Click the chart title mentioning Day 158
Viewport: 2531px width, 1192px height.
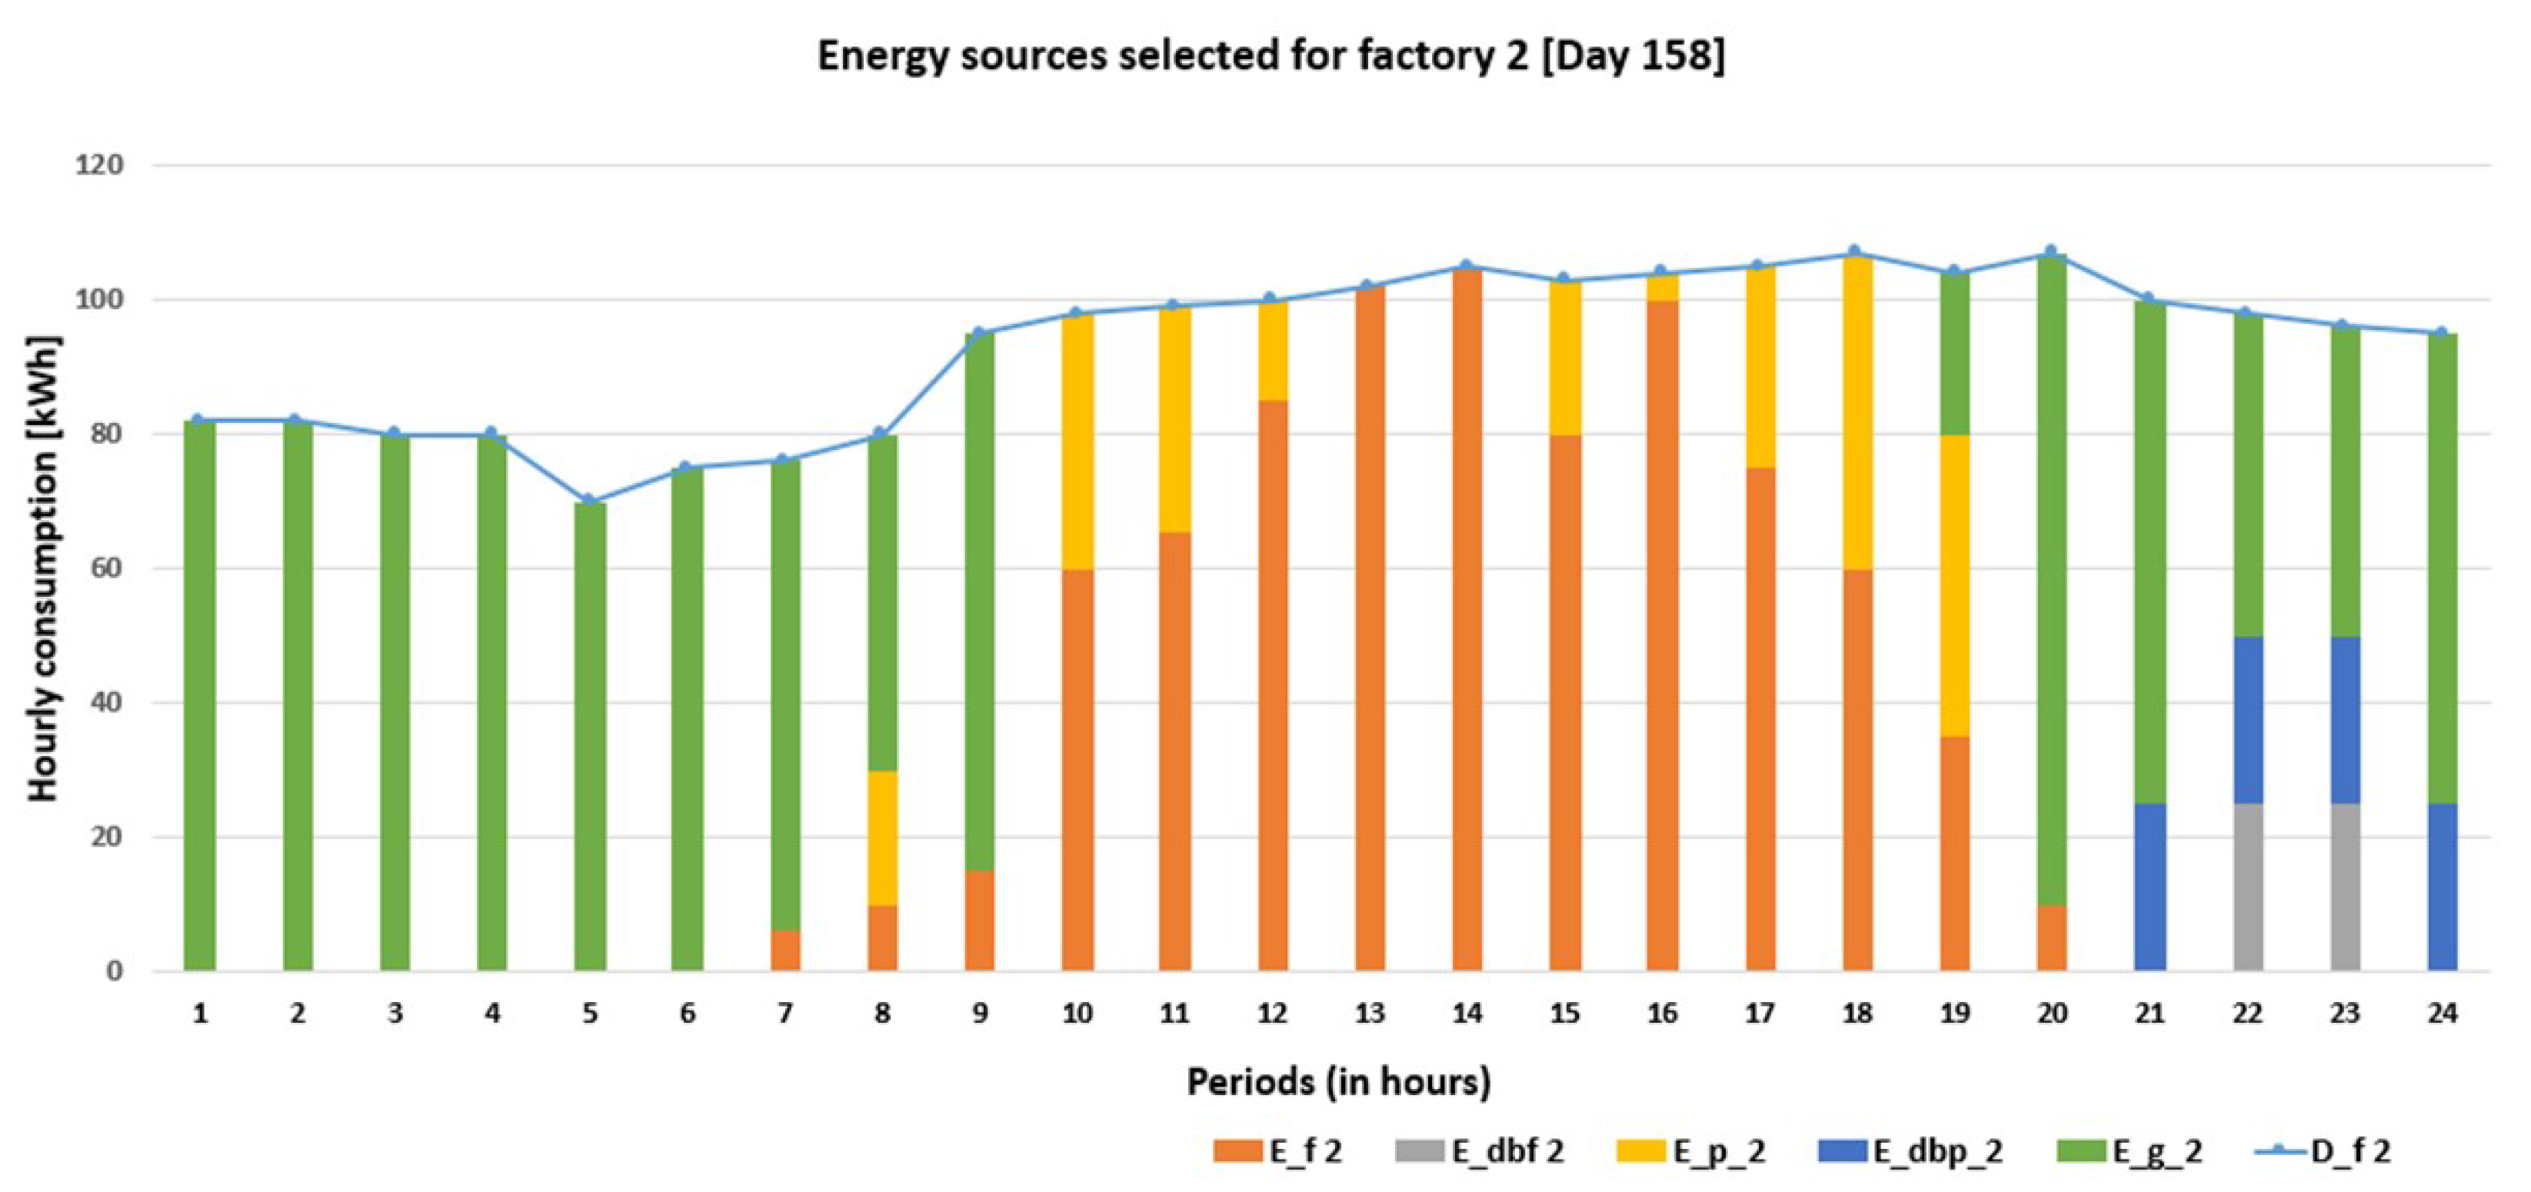pos(1270,56)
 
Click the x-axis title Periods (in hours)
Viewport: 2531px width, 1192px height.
pos(1338,1082)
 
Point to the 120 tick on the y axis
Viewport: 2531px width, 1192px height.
pos(99,165)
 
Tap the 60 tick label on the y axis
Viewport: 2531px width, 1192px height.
pos(107,568)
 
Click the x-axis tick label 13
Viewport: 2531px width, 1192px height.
pos(1369,1013)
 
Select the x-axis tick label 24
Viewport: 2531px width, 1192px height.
pos(2442,1013)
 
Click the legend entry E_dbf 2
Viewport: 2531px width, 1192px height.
pos(1480,1150)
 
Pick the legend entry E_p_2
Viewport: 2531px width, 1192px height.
pos(1692,1150)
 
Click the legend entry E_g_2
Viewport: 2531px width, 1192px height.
pos(2131,1150)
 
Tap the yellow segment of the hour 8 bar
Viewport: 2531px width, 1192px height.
pos(882,837)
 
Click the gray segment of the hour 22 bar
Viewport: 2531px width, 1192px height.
pos(2248,887)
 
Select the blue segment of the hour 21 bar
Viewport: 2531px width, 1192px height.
pos(2150,887)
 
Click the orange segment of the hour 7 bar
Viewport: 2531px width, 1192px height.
pos(785,951)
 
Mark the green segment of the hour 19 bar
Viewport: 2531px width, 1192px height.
pos(1954,354)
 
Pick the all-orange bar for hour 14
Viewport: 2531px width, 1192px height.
pos(1467,619)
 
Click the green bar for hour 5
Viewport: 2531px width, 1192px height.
pos(590,737)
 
